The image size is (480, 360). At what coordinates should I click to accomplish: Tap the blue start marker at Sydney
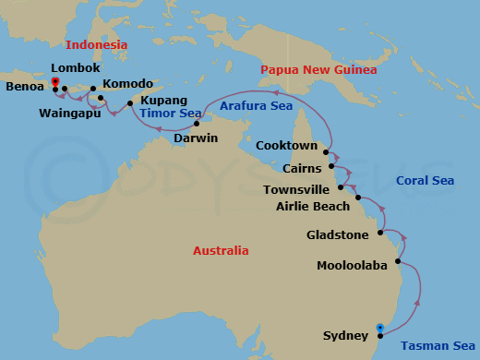tap(380, 325)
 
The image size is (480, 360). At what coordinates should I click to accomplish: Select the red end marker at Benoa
tap(55, 82)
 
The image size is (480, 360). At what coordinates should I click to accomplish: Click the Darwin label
tap(196, 138)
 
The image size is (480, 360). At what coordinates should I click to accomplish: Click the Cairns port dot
tap(331, 167)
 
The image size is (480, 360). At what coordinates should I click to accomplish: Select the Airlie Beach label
tap(313, 206)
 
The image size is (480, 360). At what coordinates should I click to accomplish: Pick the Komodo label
tap(128, 84)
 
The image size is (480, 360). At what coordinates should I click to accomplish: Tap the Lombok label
tap(75, 68)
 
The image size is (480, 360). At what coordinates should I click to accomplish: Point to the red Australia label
tap(221, 250)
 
